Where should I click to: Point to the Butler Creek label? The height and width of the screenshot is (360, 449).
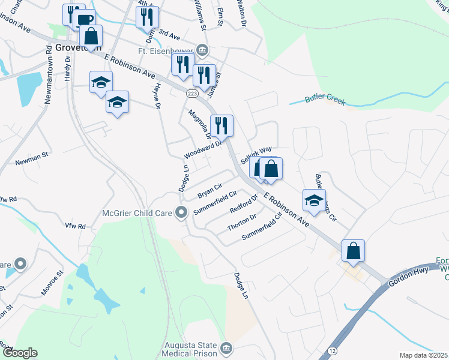(x=325, y=100)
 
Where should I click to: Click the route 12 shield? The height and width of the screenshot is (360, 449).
(x=333, y=350)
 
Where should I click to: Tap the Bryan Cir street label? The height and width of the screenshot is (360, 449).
(x=209, y=192)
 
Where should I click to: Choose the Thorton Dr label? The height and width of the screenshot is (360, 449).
(x=242, y=223)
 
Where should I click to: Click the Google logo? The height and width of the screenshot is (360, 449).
(x=20, y=353)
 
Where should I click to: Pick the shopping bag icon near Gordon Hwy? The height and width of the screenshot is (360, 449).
(x=353, y=250)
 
